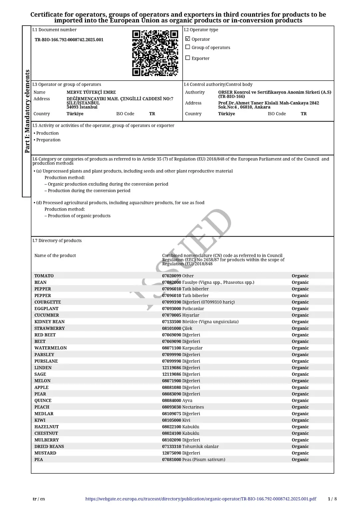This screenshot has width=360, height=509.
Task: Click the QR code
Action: tap(155, 53)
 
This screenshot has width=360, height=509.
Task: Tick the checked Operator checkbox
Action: tap(188, 39)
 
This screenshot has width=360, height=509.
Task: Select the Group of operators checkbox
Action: tap(188, 47)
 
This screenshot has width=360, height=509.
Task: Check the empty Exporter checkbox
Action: tap(188, 58)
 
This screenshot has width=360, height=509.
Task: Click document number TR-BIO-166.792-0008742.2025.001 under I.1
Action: tap(69, 40)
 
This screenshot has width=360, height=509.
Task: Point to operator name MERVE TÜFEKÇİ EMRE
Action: tap(91, 92)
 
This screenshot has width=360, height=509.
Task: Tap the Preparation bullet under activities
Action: tap(48, 140)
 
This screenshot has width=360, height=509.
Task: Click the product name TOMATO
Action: tap(44, 276)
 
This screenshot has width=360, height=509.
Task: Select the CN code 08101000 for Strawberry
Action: tap(171, 328)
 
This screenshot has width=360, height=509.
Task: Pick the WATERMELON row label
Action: tap(51, 348)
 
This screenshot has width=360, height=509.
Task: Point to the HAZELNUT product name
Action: tap(46, 427)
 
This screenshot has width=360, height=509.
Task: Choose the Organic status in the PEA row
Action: tap(300, 460)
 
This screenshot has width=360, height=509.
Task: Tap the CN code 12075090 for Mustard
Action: tap(171, 453)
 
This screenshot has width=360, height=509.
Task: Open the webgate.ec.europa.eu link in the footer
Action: tap(201, 499)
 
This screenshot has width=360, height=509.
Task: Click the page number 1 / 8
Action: tap(332, 499)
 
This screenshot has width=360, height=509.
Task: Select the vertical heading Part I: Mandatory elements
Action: tap(27, 111)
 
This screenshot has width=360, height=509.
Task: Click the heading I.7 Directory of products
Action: tap(57, 241)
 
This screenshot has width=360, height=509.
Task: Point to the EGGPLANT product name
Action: tap(46, 309)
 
